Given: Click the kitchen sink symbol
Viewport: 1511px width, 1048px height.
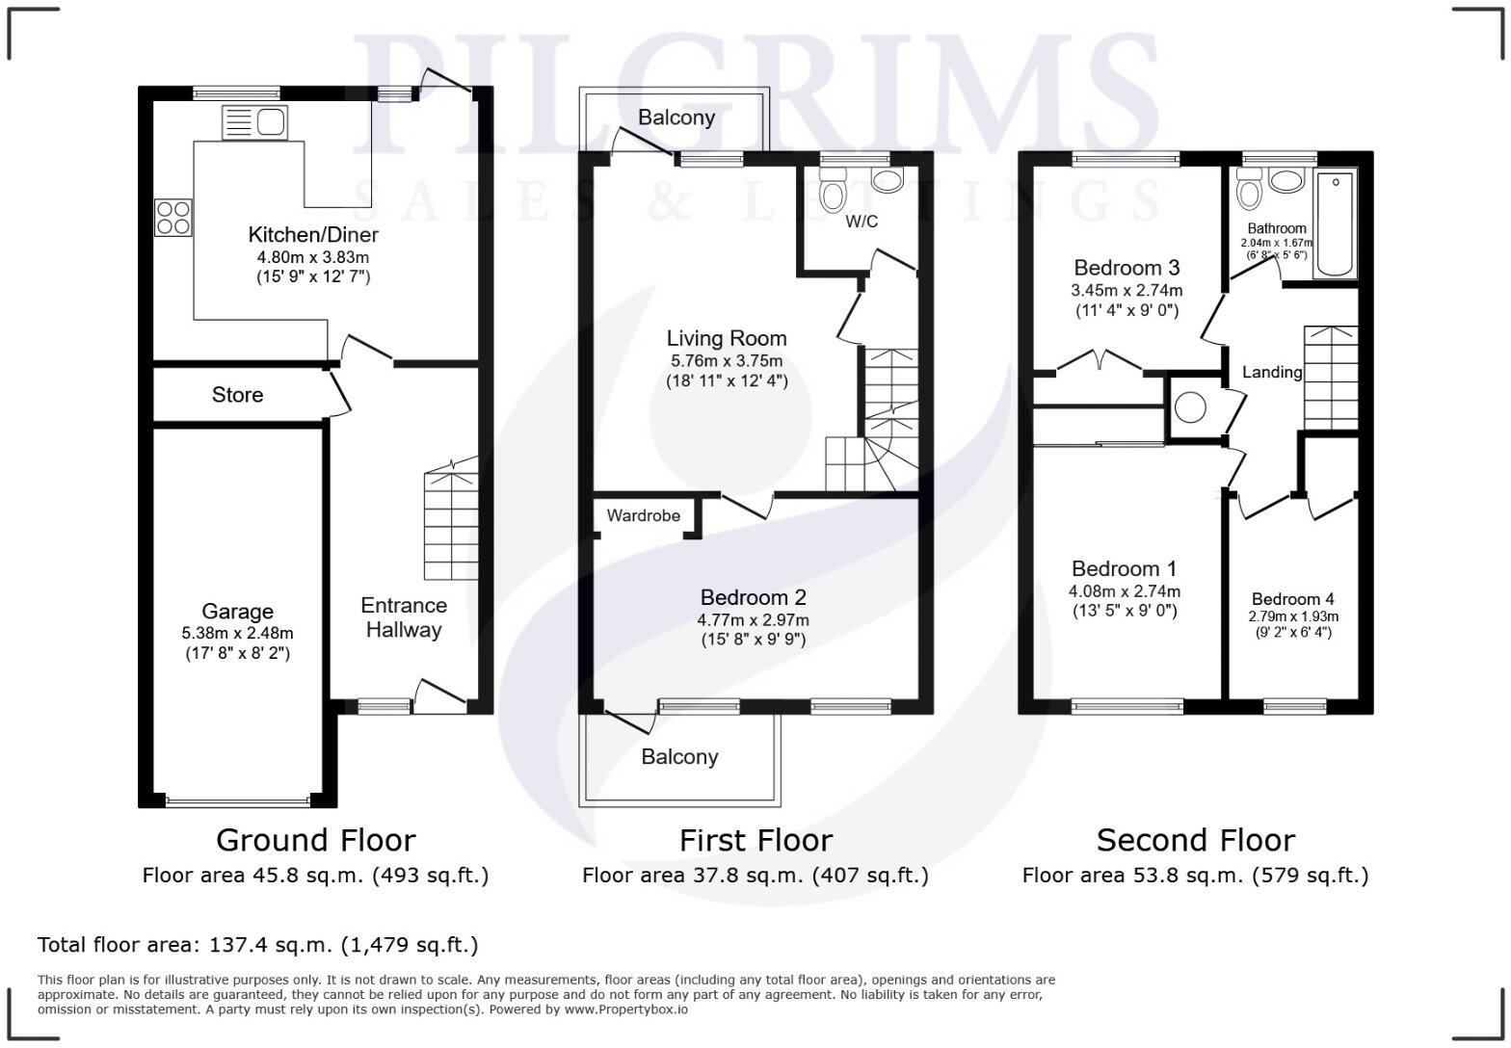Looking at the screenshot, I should point(254,122).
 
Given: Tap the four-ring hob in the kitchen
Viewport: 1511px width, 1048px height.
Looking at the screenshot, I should point(172,217).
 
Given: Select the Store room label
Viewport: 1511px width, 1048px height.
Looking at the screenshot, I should point(237,395).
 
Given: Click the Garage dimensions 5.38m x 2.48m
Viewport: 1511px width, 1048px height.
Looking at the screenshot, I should point(237,633).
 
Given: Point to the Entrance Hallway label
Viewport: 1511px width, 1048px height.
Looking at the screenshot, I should point(403,617).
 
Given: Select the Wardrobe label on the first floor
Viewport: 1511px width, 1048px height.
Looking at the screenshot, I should point(643,515).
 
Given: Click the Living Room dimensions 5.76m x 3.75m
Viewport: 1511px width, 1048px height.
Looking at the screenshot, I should point(727,361).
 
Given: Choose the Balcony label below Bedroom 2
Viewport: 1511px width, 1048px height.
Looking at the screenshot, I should point(679,757).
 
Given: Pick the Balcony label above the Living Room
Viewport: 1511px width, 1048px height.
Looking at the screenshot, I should point(676,118).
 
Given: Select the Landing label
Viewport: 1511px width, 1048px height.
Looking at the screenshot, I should point(1271,372).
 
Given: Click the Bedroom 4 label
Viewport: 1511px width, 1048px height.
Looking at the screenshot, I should point(1293,599).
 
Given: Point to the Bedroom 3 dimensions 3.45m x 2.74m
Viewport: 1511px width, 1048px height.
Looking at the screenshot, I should point(1127,290).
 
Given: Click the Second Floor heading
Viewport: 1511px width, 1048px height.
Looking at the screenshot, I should point(1195,840).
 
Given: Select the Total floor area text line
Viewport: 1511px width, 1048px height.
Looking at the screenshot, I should point(257,945).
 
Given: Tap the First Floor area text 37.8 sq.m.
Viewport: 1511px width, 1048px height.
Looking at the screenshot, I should point(755,876).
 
